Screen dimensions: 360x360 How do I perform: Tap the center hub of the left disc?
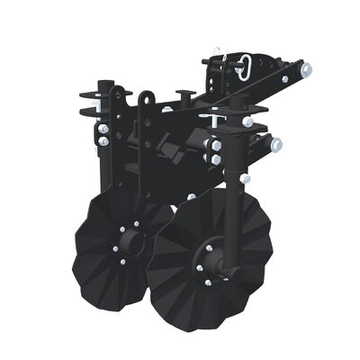131,241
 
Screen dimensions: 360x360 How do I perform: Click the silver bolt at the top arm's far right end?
306,68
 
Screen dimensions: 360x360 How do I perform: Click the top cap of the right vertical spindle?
237,97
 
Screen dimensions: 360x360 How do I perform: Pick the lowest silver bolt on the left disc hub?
123,262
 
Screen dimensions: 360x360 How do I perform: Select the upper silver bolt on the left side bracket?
104,129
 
